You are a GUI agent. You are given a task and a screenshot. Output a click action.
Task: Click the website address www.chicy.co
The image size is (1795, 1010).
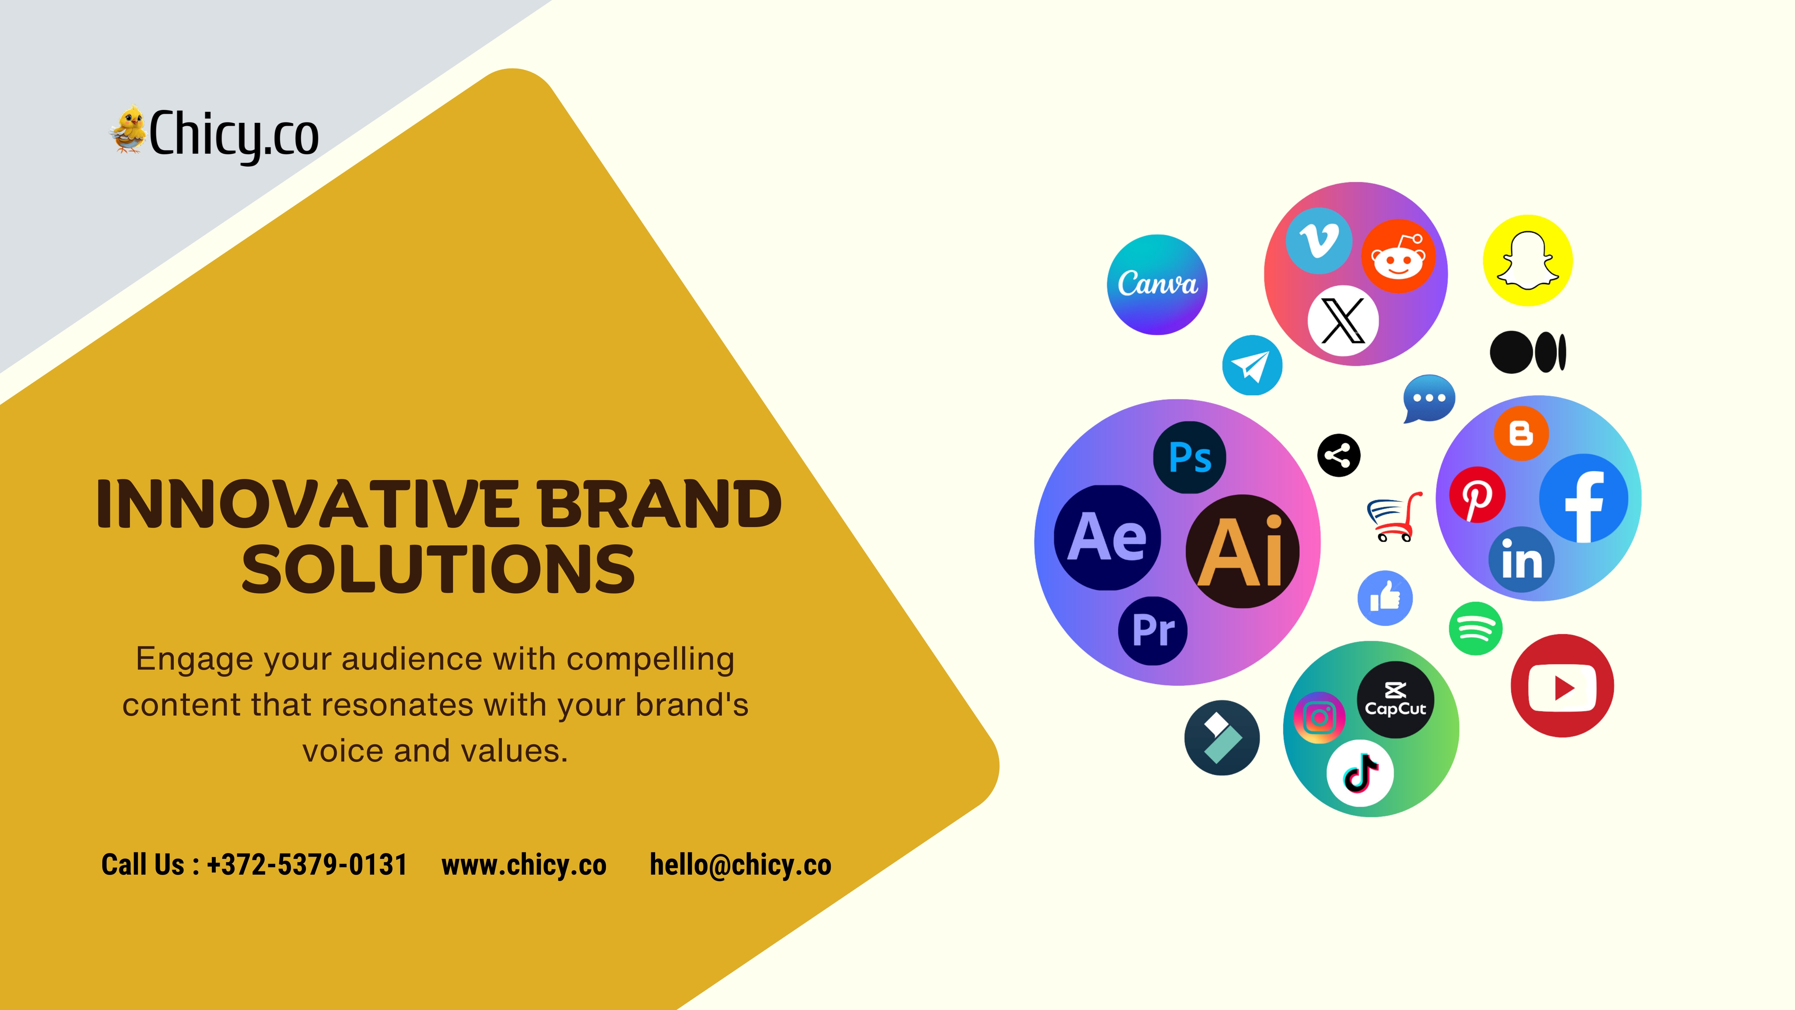pyautogui.click(x=524, y=865)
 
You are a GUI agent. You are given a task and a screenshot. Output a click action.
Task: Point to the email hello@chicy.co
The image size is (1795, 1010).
pyautogui.click(x=740, y=865)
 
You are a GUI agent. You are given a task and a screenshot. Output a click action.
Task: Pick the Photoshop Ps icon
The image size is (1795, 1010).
pyautogui.click(x=1189, y=457)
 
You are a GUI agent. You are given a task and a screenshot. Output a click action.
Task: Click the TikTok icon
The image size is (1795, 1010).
pyautogui.click(x=1360, y=773)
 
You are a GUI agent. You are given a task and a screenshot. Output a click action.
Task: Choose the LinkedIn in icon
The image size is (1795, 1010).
pyautogui.click(x=1521, y=560)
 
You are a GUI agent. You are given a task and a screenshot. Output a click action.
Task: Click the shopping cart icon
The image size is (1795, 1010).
pyautogui.click(x=1394, y=517)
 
